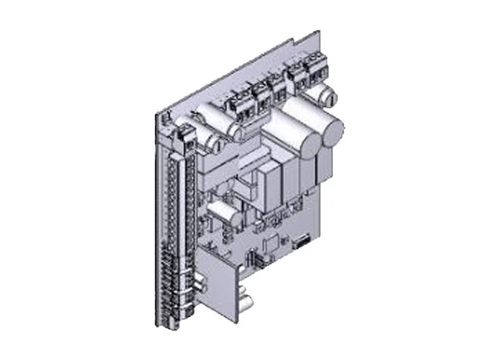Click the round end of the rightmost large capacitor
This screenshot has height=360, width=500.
point(332,134)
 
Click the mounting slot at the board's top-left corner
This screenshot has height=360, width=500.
point(164,114)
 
